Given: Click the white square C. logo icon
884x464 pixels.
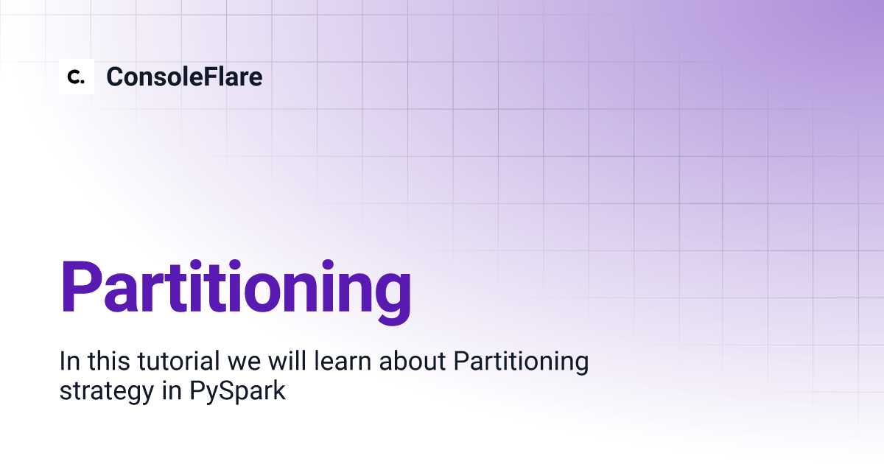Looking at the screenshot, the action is click(x=77, y=77).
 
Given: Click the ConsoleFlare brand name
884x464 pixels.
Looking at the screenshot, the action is click(x=184, y=77).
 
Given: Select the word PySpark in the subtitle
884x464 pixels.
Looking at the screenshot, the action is click(x=237, y=390).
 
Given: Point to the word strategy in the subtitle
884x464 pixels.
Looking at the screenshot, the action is click(x=107, y=391).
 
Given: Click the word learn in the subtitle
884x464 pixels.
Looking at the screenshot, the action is click(x=343, y=361).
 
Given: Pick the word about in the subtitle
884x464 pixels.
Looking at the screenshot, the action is click(x=413, y=361).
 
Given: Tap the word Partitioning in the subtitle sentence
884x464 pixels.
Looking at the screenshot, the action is click(x=521, y=362).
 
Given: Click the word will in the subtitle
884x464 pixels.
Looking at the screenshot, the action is click(x=287, y=361).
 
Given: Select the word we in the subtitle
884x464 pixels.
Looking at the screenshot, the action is click(x=244, y=364).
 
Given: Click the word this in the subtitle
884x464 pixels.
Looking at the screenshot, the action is click(x=108, y=361).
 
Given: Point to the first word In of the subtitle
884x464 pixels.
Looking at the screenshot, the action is click(x=69, y=361).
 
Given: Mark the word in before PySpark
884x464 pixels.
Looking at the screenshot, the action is click(x=172, y=390).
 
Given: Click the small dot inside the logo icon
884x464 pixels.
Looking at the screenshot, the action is click(x=83, y=82).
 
